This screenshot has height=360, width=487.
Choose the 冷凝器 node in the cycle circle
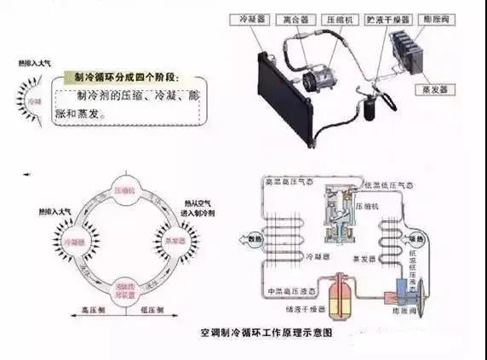pos(76,241)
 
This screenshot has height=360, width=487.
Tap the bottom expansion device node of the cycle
pos(125,286)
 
